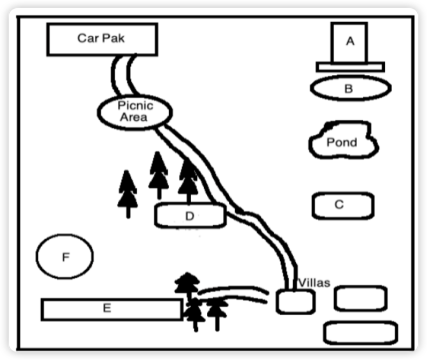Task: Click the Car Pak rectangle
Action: [102, 39]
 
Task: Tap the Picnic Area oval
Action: [135, 112]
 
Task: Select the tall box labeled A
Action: [349, 42]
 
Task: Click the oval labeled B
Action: [351, 88]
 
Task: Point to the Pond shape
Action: [343, 140]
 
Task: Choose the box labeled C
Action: [343, 206]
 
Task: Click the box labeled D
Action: [190, 216]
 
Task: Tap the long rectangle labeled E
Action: [112, 310]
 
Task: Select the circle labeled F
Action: [65, 256]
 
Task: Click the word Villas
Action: [314, 283]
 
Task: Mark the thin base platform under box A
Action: [350, 67]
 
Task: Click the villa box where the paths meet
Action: [295, 302]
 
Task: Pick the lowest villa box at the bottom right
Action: [361, 333]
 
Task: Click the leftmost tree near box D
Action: [128, 194]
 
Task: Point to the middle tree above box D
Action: [159, 175]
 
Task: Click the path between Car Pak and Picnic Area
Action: [124, 75]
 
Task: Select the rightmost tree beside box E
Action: [217, 313]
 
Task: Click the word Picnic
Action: [135, 106]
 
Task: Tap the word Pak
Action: [113, 38]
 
